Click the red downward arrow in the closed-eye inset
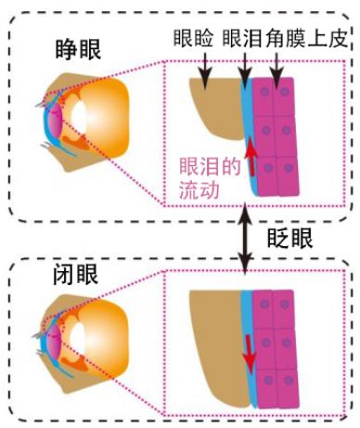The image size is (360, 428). (248, 349)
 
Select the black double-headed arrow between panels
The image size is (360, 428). (244, 237)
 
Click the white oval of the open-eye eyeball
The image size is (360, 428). (81, 118)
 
